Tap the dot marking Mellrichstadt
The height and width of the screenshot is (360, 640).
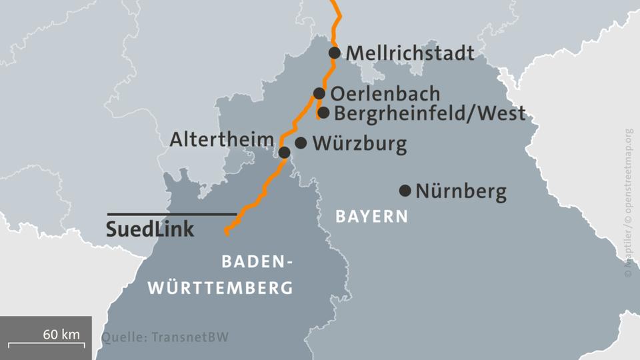(x=335, y=53)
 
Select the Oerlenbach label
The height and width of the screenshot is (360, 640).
(x=385, y=94)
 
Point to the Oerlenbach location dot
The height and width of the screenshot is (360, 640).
(x=319, y=93)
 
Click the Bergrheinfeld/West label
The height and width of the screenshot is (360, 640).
(x=429, y=113)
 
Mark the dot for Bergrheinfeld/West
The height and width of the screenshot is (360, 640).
(x=323, y=113)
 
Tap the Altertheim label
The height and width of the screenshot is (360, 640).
(x=222, y=139)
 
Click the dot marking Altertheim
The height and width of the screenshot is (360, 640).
(x=284, y=153)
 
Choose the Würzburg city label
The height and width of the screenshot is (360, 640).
(x=359, y=144)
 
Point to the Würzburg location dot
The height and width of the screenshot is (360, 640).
(x=301, y=143)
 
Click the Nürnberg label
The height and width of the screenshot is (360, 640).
(x=461, y=192)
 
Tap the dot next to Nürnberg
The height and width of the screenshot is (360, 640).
(x=405, y=191)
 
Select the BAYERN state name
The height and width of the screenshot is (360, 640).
(x=371, y=217)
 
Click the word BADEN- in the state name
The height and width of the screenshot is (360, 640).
(x=257, y=262)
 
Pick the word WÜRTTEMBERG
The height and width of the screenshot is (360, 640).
(x=220, y=289)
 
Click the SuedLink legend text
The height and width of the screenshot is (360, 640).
(x=151, y=229)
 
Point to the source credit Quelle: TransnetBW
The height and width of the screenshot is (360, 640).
(x=165, y=337)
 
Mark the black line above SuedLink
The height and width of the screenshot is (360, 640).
(x=172, y=214)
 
